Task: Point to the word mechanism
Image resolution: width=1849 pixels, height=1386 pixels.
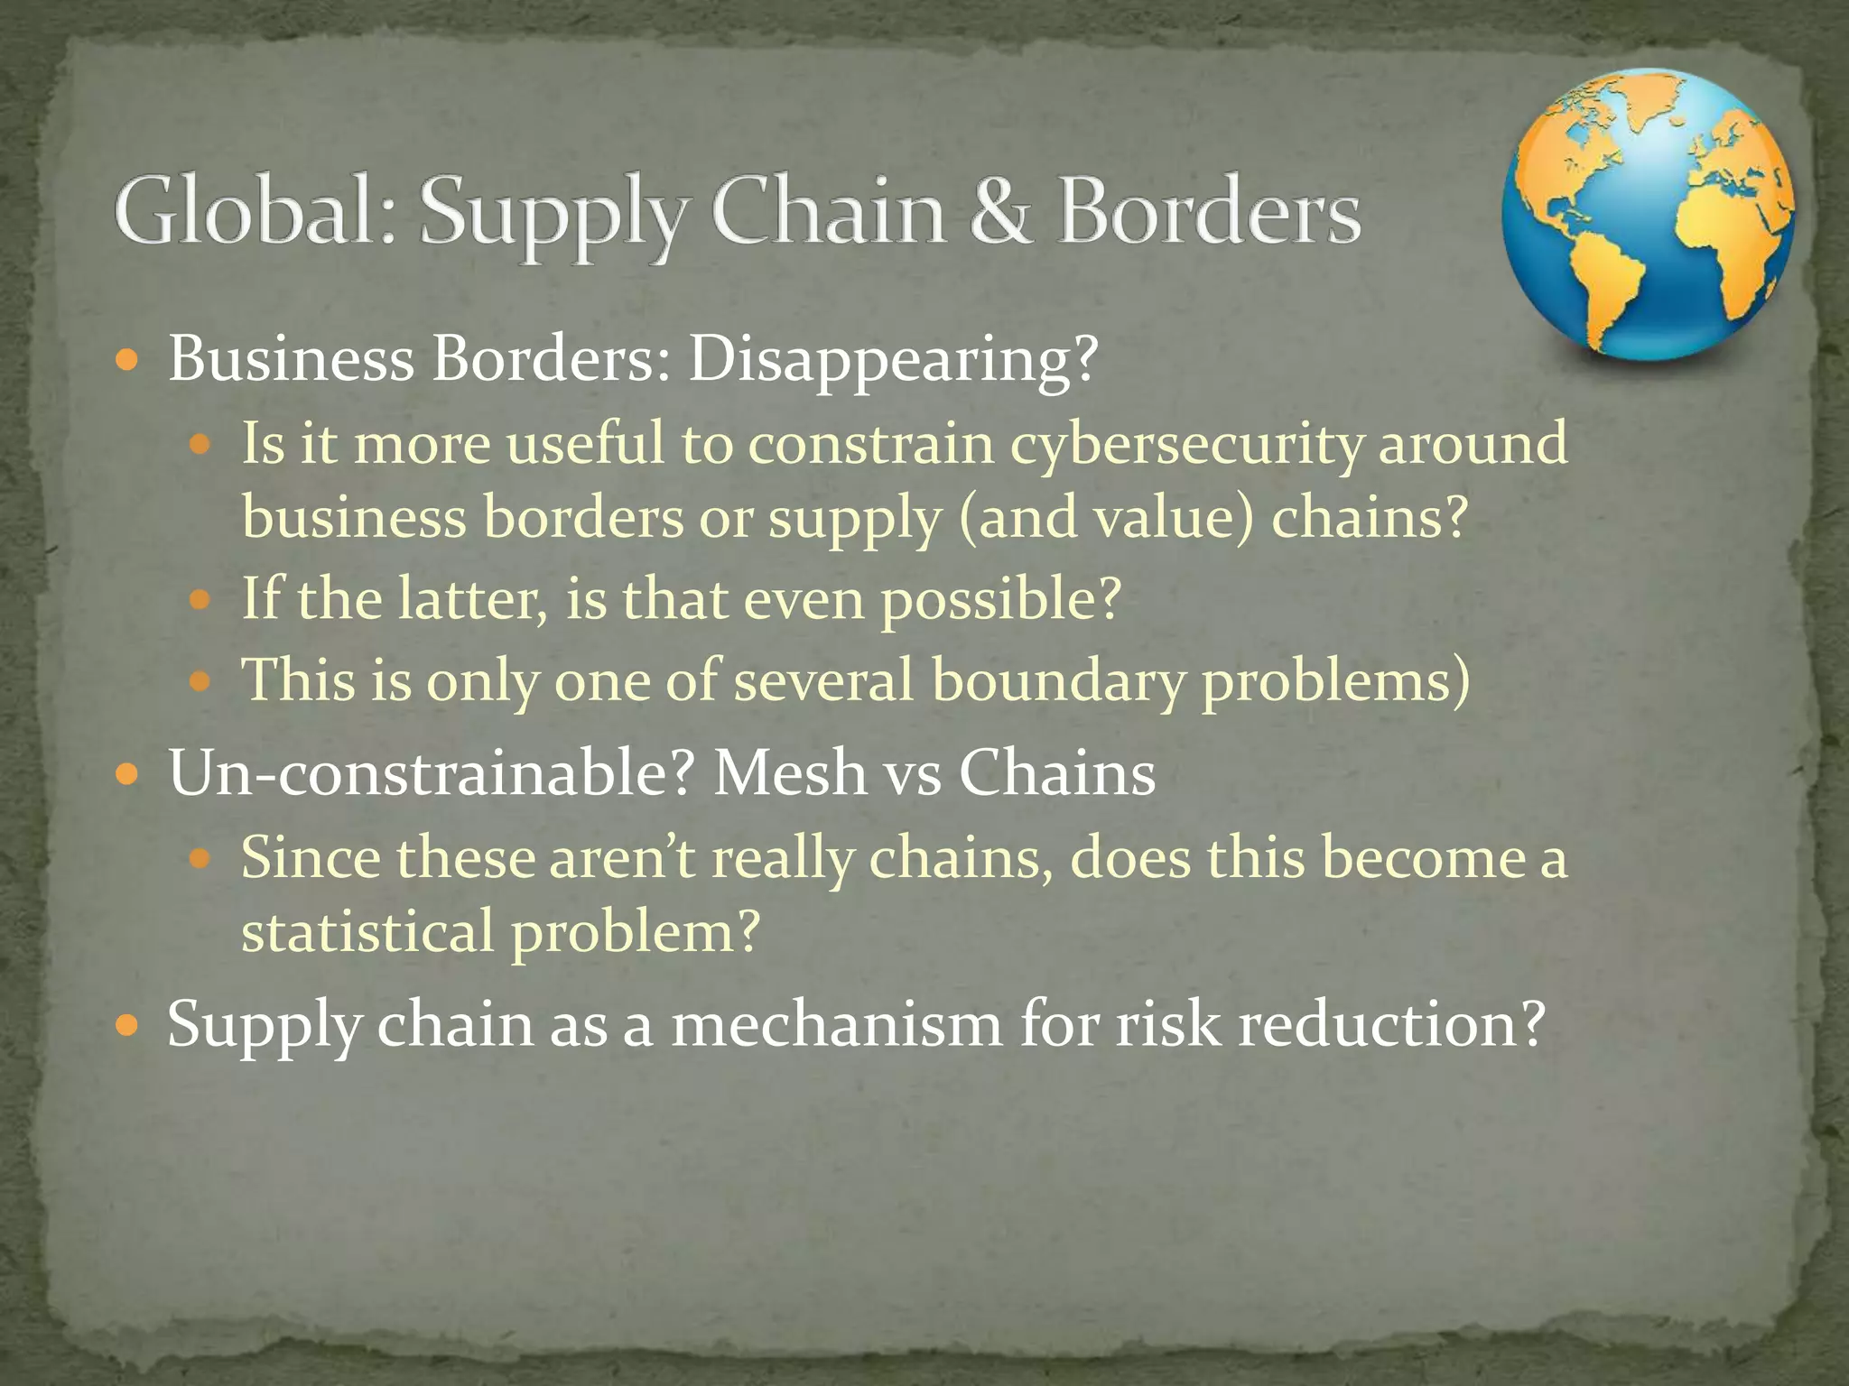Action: click(x=836, y=1025)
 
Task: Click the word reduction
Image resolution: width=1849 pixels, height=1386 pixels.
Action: click(x=1391, y=1025)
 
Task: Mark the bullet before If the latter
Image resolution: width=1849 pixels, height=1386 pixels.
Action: click(x=200, y=599)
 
